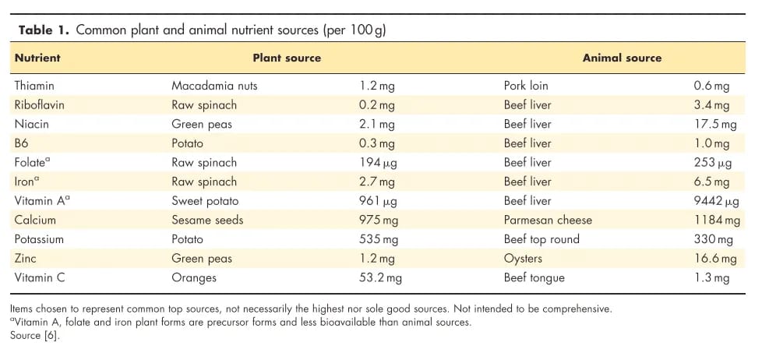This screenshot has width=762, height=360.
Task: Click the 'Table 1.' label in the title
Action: tap(44, 30)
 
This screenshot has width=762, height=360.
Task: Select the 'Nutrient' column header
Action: tap(37, 58)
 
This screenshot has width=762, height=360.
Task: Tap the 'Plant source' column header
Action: tap(287, 58)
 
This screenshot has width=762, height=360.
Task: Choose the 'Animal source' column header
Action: tap(622, 58)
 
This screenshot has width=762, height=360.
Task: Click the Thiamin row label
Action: tap(34, 86)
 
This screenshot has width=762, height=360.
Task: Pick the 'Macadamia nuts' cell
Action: tap(214, 86)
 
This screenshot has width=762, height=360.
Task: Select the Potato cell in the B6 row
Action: tap(187, 143)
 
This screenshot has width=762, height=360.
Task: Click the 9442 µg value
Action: tap(710, 201)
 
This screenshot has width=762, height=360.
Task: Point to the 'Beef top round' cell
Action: tap(542, 239)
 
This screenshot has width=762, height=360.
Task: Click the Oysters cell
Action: tap(523, 259)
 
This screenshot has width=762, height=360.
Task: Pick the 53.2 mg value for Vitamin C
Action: tap(380, 277)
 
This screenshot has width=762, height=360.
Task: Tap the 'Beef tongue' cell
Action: tap(534, 277)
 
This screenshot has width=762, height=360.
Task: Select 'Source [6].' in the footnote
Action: tap(35, 336)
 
